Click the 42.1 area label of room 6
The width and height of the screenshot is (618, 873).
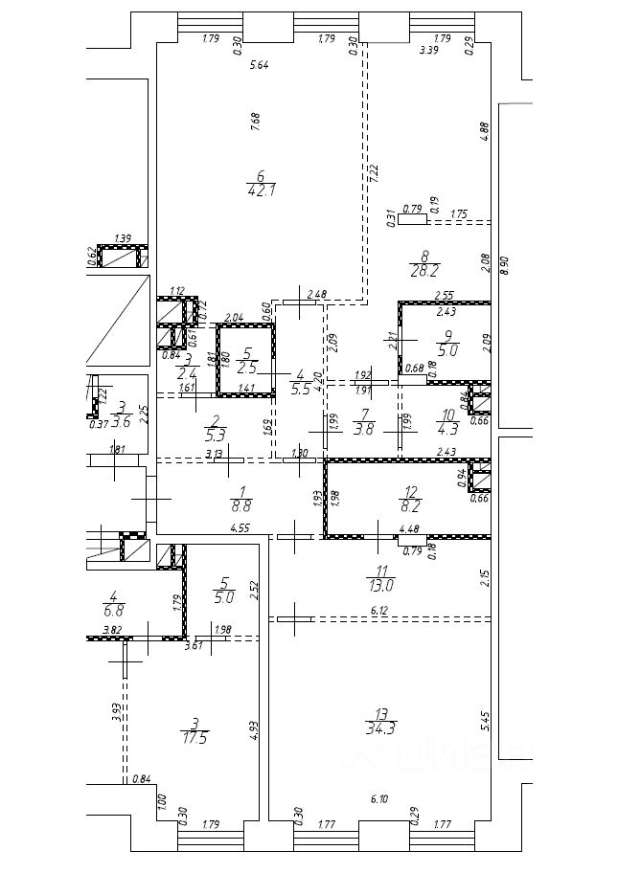click(260, 190)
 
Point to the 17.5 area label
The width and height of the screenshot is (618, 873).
click(195, 738)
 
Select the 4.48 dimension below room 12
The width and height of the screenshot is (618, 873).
click(411, 528)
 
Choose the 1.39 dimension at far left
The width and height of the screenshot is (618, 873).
click(122, 239)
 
